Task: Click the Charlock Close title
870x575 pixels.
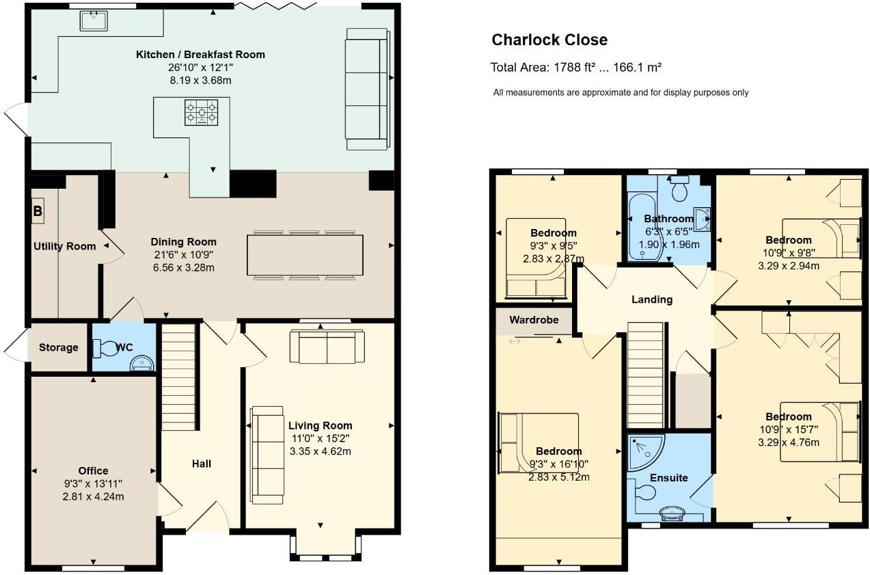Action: (549, 40)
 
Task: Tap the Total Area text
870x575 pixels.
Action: (575, 67)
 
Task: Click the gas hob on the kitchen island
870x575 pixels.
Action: (201, 113)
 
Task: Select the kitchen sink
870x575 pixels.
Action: (92, 21)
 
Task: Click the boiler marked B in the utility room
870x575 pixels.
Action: (38, 212)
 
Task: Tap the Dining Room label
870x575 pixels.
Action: (183, 242)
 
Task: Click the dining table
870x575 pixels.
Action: (305, 256)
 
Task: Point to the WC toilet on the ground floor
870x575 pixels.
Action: (107, 348)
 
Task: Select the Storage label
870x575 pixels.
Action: (58, 348)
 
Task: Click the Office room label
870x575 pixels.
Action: (93, 470)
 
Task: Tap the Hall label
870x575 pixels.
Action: (201, 464)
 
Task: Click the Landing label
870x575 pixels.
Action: (651, 299)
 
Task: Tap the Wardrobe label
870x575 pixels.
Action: (533, 320)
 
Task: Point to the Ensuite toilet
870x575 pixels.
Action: (644, 493)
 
